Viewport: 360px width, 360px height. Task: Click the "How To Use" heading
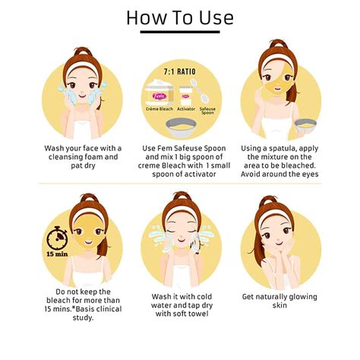click(180, 17)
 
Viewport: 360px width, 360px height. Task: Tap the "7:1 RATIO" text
click(180, 71)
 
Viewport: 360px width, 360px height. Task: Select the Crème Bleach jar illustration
click(159, 93)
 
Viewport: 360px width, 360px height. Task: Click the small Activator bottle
click(186, 96)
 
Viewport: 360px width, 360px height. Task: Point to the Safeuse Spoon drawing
click(200, 90)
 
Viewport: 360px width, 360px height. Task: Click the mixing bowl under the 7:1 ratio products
click(181, 128)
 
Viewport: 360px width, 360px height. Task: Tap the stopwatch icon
click(57, 238)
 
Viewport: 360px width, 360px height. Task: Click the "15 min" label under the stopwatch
click(57, 254)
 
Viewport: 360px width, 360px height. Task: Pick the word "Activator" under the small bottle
click(186, 109)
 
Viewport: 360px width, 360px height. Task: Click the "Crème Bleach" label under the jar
click(159, 109)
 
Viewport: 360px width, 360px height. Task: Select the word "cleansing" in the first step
click(65, 157)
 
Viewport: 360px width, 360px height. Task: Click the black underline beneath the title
click(180, 32)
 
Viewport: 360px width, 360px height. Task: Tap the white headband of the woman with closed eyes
click(181, 211)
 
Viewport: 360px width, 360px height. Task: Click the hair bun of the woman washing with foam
click(83, 51)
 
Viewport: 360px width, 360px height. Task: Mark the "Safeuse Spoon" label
click(207, 111)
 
